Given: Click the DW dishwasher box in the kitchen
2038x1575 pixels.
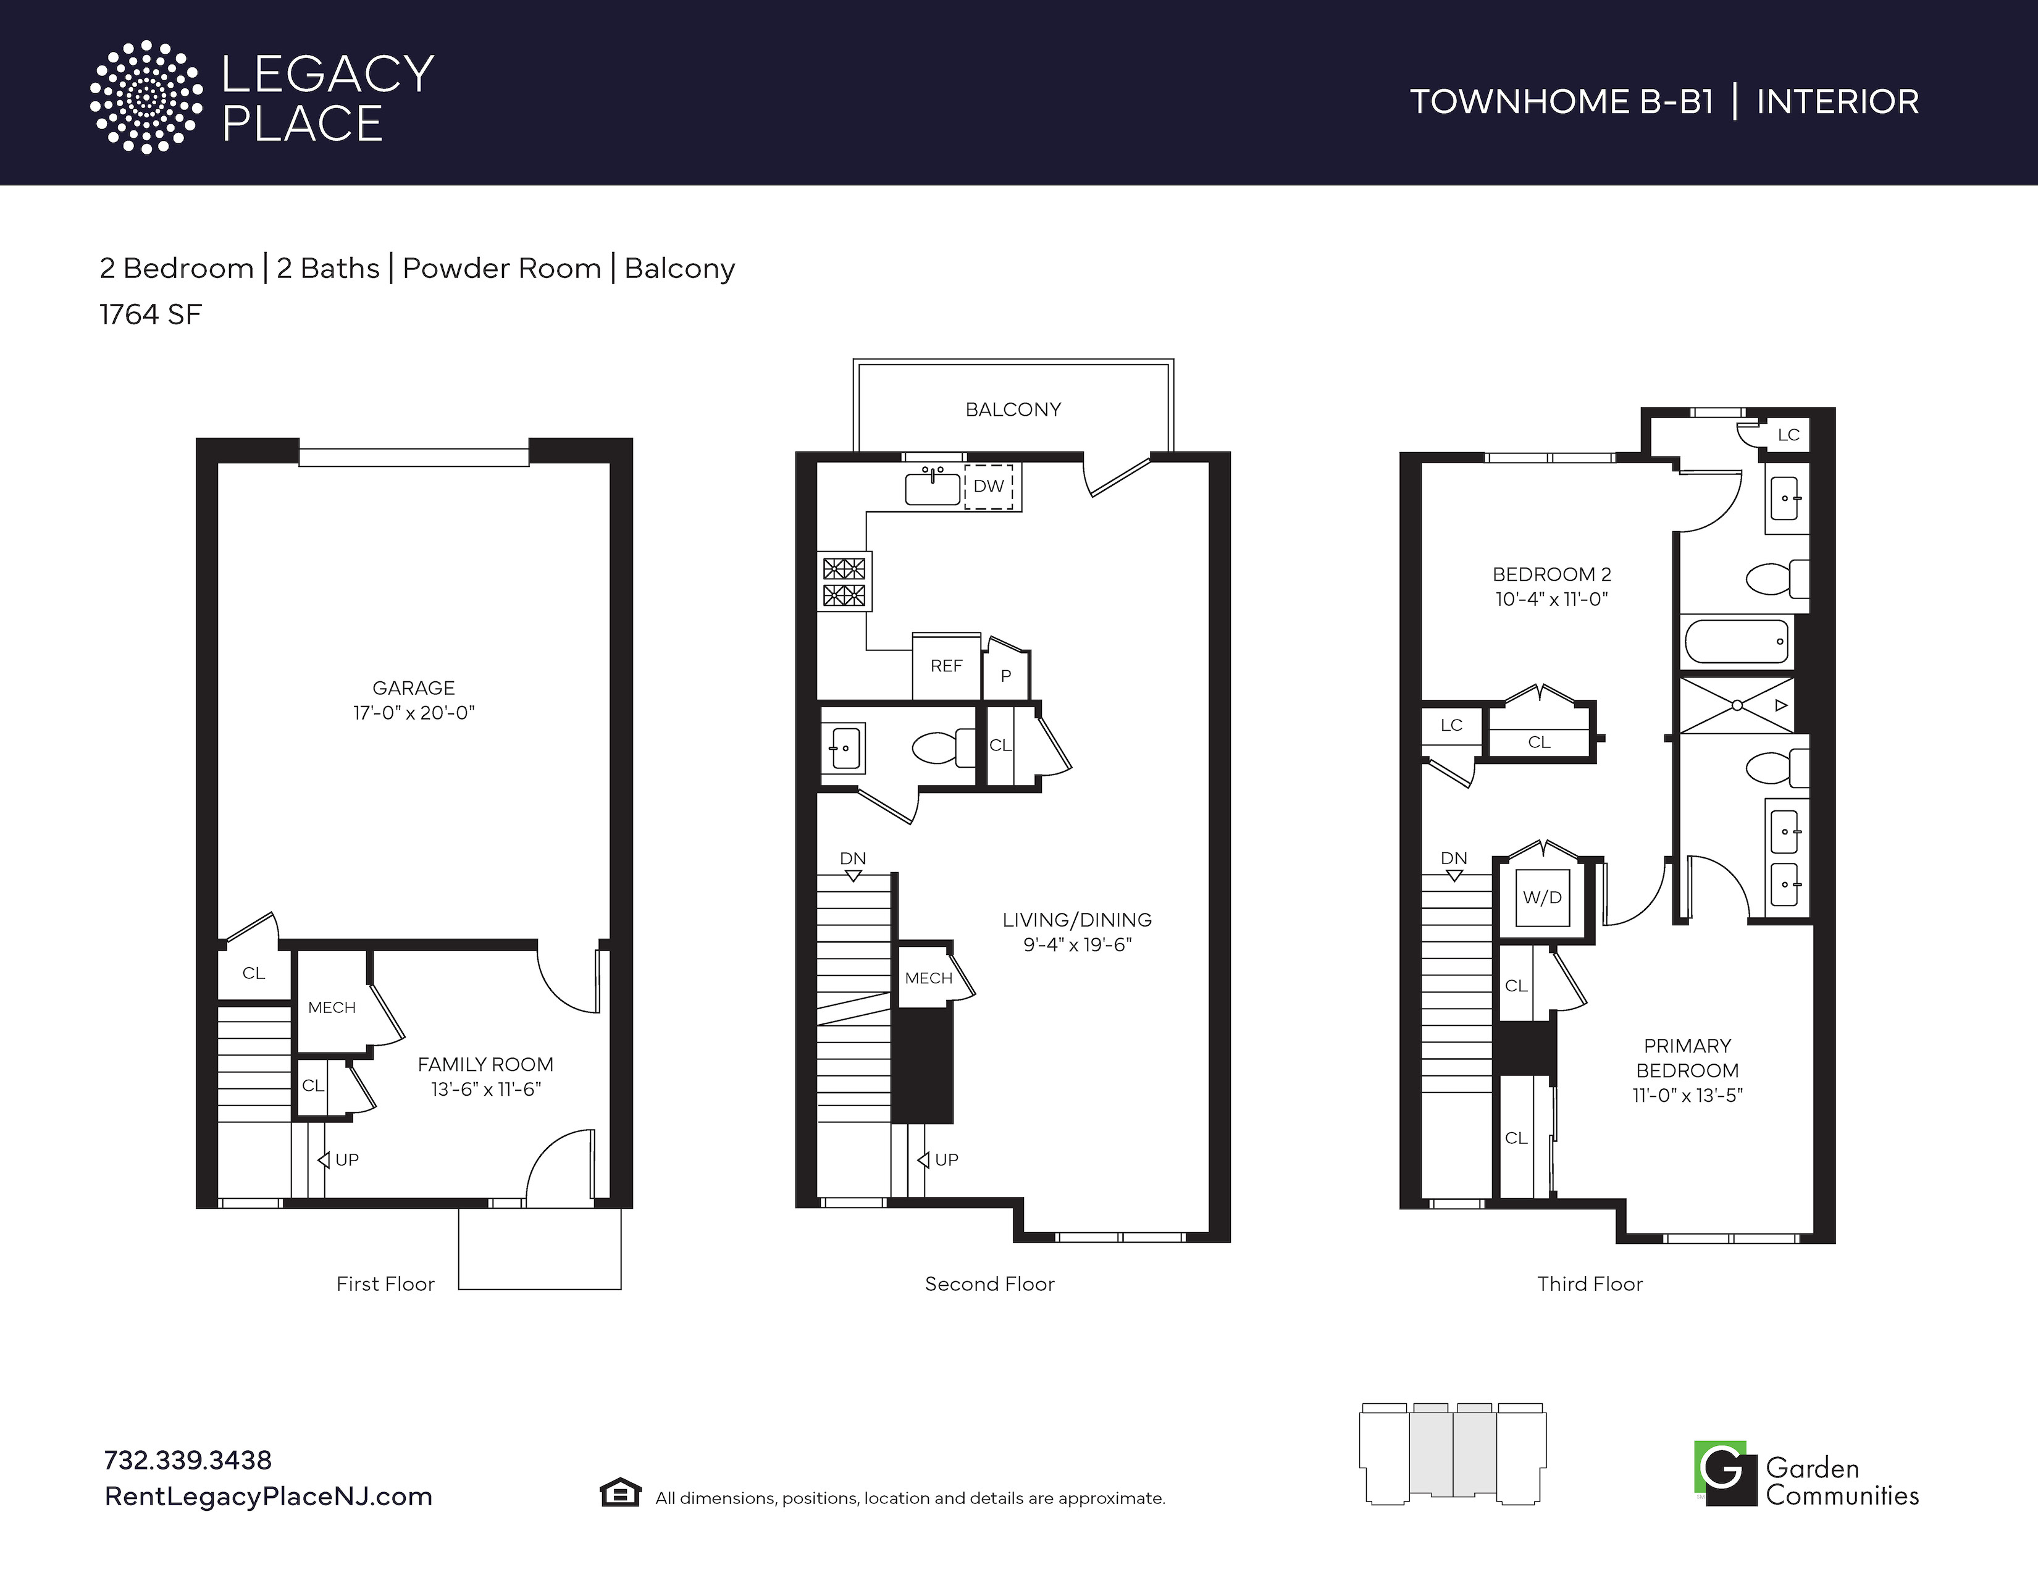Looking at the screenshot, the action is point(988,486).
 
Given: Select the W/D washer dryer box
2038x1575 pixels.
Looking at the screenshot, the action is point(1543,897).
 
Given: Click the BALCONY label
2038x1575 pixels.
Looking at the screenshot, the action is point(1013,409).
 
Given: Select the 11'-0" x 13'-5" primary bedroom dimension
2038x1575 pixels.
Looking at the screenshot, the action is point(1687,1096).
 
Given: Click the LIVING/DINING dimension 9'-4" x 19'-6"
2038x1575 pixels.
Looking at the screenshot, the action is point(1077,944).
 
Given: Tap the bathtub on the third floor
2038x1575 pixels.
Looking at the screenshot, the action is point(1737,642).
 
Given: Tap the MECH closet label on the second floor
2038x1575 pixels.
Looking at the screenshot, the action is point(928,978).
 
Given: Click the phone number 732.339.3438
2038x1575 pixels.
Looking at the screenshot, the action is point(188,1460).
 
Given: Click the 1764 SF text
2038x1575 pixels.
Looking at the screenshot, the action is point(150,314).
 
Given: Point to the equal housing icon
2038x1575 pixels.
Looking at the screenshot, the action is point(619,1493).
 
